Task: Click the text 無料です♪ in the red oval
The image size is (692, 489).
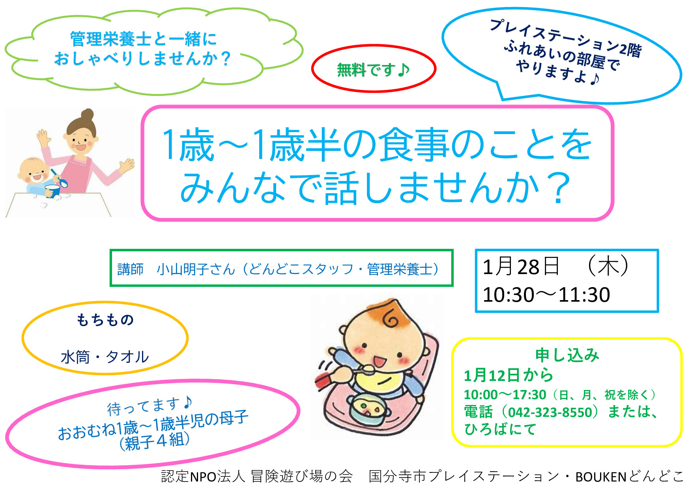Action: tap(373, 70)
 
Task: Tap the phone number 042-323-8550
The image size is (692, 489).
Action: tap(550, 412)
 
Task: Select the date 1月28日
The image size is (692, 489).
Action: tap(521, 267)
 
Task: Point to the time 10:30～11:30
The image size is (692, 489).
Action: tap(546, 295)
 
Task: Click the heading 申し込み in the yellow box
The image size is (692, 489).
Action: tap(567, 355)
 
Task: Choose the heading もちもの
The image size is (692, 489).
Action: tap(105, 320)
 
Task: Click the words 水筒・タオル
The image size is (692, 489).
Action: tap(105, 357)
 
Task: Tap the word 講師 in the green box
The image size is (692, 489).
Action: tap(131, 269)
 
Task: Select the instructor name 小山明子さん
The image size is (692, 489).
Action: tap(196, 269)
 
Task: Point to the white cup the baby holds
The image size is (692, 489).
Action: tap(52, 190)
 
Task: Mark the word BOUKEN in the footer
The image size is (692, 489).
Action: tap(601, 477)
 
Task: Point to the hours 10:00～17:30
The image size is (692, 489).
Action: tap(505, 395)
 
